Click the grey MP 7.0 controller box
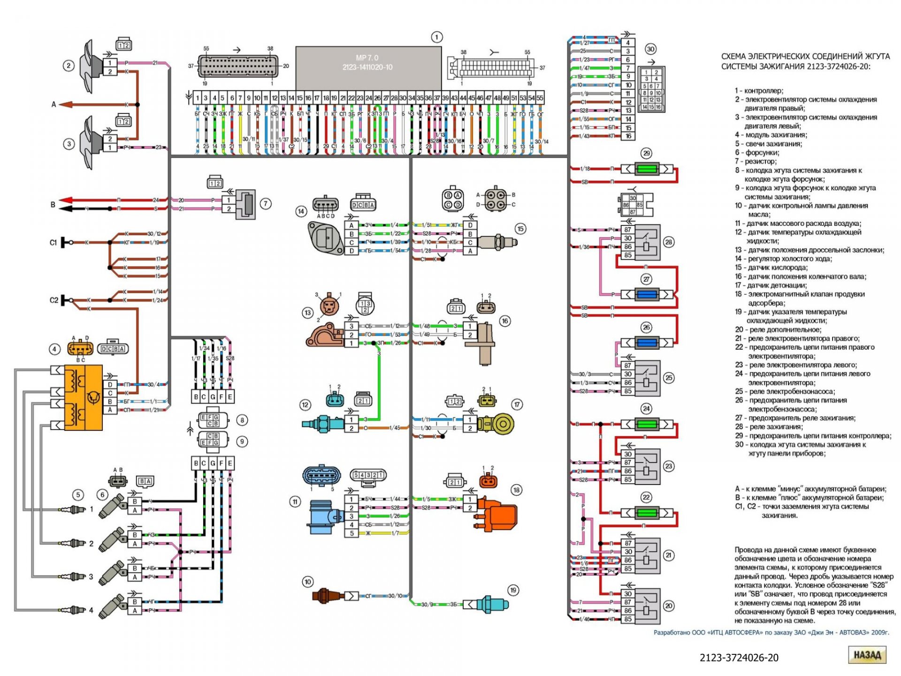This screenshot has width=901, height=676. [x=368, y=67]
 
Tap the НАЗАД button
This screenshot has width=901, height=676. [x=867, y=655]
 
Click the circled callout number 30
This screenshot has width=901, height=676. [x=650, y=49]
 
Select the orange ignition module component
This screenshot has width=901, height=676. [x=83, y=398]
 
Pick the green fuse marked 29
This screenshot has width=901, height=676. [x=647, y=169]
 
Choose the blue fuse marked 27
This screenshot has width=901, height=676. [x=647, y=294]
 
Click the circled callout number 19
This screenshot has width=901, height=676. [x=513, y=590]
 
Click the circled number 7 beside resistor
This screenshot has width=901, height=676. [x=266, y=204]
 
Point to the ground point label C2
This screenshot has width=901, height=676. [x=54, y=300]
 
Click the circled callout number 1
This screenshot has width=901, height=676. [x=436, y=37]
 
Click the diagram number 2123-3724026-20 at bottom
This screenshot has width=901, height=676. [x=739, y=658]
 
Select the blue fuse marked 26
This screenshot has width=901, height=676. [x=647, y=343]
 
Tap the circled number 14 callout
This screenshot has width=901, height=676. [x=301, y=212]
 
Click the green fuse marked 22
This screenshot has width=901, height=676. [x=647, y=512]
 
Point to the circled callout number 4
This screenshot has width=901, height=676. [x=54, y=349]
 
